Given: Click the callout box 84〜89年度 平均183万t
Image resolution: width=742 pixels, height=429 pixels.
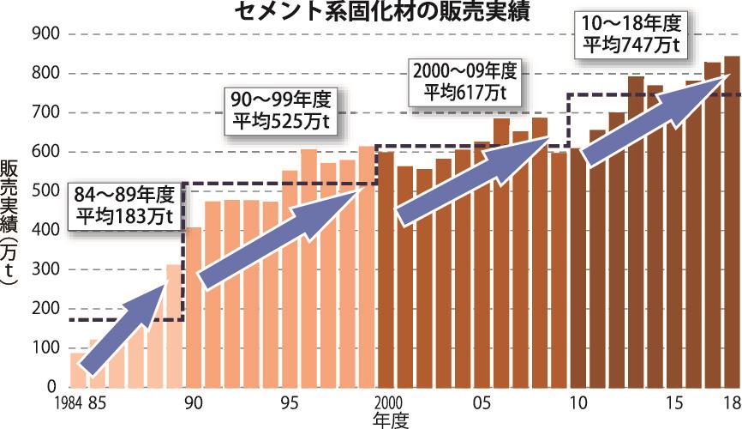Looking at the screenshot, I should [123, 204].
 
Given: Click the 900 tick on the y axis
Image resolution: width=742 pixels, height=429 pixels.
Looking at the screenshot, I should [43, 34].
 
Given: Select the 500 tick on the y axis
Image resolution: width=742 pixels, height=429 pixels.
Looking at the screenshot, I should [43, 191].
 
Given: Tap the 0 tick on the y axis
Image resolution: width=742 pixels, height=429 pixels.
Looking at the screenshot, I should [51, 388].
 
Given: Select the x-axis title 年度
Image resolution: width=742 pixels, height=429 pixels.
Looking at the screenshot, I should [391, 420].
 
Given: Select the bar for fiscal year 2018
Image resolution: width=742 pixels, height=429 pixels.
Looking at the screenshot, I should [732, 257].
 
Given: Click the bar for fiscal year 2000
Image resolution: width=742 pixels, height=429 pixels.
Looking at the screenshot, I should [386, 283].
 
